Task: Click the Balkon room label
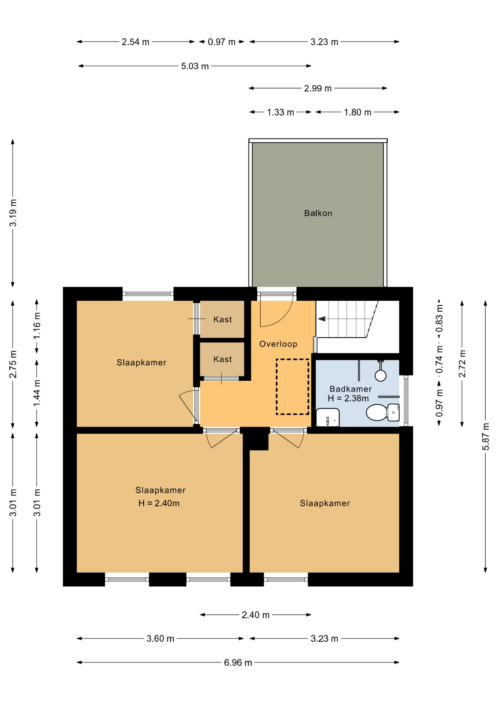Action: click(x=318, y=213)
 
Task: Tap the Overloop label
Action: click(x=278, y=344)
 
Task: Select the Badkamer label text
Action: click(x=351, y=389)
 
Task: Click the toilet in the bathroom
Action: click(x=383, y=412)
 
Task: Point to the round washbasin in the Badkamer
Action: click(x=381, y=375)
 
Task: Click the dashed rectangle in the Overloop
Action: click(x=293, y=387)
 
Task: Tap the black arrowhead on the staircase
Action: click(x=321, y=319)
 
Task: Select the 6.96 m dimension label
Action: click(x=238, y=663)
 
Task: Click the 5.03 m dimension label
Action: click(x=195, y=66)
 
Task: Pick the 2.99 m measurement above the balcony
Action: click(x=318, y=88)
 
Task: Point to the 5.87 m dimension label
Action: click(x=486, y=437)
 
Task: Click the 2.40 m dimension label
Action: click(x=256, y=615)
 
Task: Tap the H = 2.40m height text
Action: click(x=159, y=503)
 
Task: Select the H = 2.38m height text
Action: click(x=348, y=398)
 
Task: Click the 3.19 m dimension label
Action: click(x=13, y=213)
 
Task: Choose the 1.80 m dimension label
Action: click(x=358, y=112)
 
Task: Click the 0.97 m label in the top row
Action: click(x=221, y=42)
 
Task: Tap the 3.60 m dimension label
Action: click(x=160, y=639)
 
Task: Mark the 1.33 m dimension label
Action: click(x=281, y=112)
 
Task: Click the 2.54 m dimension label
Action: click(x=136, y=42)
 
